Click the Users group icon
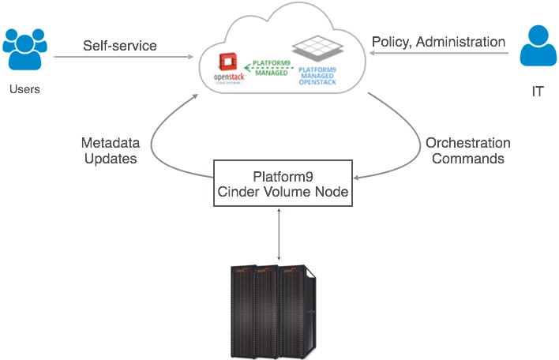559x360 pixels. [24, 49]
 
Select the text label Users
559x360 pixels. [24, 89]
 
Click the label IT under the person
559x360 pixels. [538, 92]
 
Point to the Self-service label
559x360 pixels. [119, 45]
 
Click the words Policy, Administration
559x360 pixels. [437, 42]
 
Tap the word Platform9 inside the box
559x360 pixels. [281, 175]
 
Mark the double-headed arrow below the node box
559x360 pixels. [280, 234]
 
